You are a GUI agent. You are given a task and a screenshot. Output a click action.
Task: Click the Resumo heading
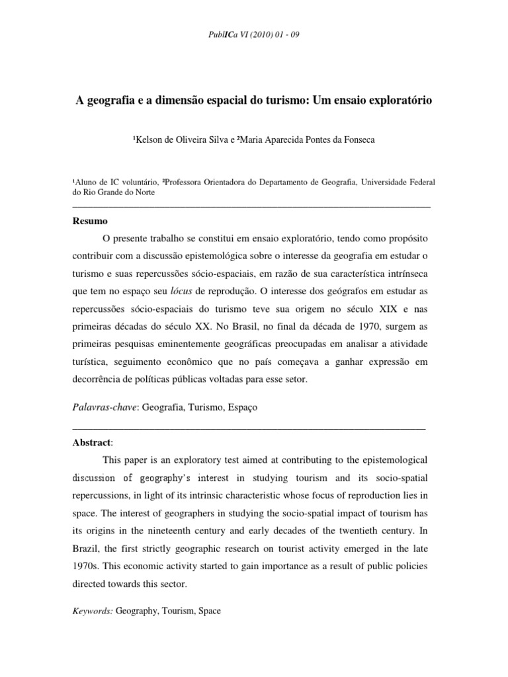click(90, 220)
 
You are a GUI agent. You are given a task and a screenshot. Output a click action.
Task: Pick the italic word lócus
click(183, 290)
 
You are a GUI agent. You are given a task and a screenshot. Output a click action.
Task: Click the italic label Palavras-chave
click(103, 407)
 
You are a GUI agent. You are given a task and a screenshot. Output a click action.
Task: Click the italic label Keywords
click(93, 611)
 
